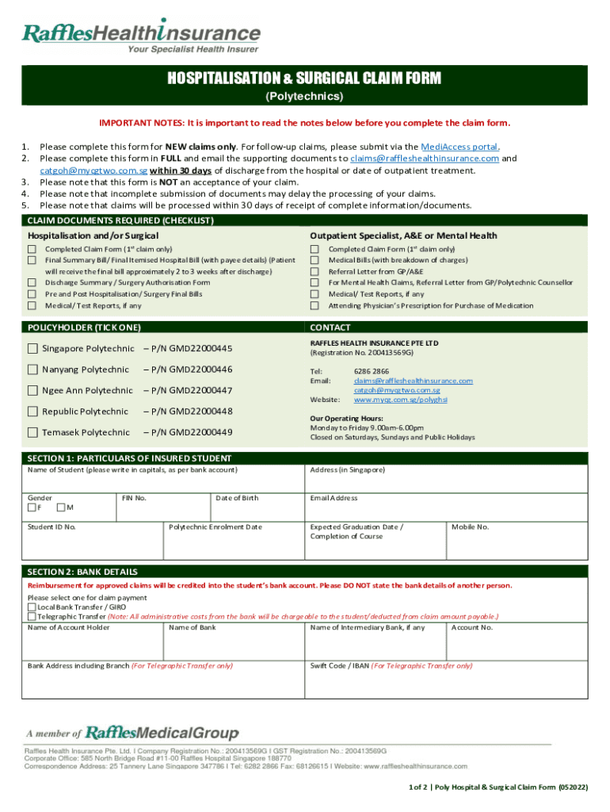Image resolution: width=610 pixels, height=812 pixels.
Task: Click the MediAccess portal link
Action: click(x=459, y=147)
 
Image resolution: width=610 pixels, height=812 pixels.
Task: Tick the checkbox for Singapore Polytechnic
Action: click(x=32, y=349)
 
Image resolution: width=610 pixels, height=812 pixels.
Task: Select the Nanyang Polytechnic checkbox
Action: click(x=32, y=370)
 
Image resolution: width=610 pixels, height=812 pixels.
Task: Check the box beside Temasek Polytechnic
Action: click(x=32, y=432)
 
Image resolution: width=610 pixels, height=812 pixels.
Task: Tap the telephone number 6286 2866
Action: click(x=371, y=371)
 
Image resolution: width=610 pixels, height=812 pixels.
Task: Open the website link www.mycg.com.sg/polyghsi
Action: click(x=400, y=400)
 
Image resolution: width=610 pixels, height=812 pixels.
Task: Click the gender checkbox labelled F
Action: click(x=32, y=507)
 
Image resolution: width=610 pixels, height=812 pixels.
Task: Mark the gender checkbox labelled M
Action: click(x=63, y=507)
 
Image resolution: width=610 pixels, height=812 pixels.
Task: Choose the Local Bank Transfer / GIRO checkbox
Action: click(x=32, y=607)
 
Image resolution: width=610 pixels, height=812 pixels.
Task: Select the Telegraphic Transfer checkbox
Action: click(x=32, y=616)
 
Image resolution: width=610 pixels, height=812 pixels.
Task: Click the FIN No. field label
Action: click(x=133, y=498)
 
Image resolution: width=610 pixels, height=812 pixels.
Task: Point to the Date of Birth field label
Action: click(x=237, y=498)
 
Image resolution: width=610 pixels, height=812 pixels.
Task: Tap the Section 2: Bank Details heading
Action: click(x=82, y=572)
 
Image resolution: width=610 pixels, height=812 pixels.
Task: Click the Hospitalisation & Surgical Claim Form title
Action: click(x=304, y=79)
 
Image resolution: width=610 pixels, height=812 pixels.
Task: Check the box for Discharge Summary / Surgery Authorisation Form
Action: click(x=32, y=282)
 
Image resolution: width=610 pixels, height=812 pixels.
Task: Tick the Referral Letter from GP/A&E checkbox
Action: click(x=315, y=271)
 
